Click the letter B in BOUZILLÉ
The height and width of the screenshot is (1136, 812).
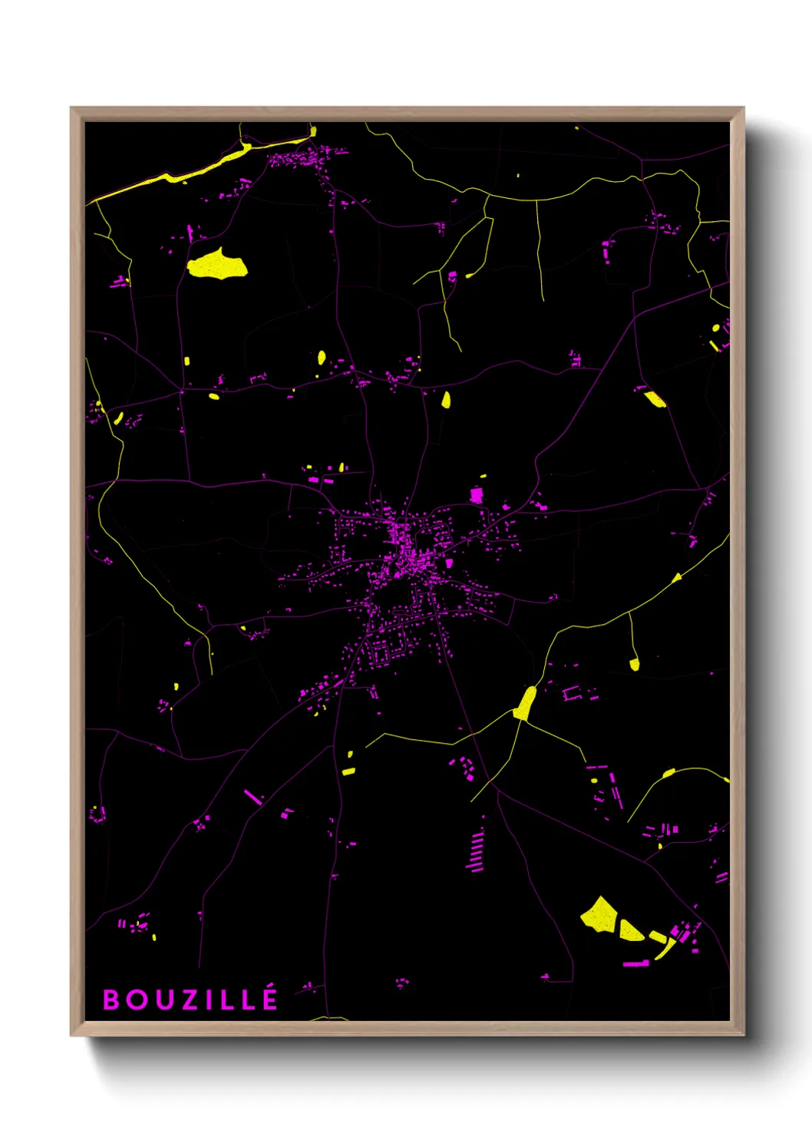click(x=111, y=1000)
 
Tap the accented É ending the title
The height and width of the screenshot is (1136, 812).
click(x=269, y=999)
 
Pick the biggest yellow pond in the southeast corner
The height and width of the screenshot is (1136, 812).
click(x=600, y=915)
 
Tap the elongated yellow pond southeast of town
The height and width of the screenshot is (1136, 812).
click(x=526, y=703)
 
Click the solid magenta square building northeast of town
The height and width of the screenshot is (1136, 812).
click(x=477, y=495)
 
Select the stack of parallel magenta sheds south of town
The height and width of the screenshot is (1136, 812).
click(x=477, y=851)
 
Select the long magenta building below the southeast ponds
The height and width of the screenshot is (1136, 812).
click(x=635, y=963)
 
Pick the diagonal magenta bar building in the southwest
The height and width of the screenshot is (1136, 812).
click(x=253, y=797)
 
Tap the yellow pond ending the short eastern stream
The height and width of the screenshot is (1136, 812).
click(x=635, y=664)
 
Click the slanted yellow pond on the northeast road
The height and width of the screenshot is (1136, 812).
click(x=655, y=399)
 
